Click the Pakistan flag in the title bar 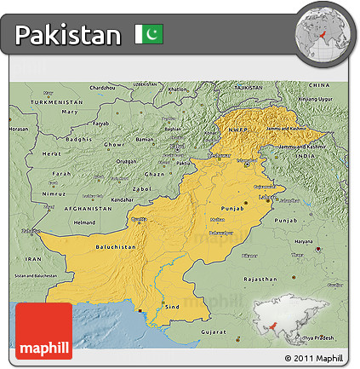pos(148,35)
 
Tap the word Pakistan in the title pos(68,36)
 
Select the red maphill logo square pos(43,331)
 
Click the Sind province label pos(172,304)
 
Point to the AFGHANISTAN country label pos(89,208)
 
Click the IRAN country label pos(33,257)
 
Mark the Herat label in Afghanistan pos(52,153)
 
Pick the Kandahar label pos(122,199)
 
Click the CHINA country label pos(319,86)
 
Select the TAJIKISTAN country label pos(248,87)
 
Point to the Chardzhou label pos(101,88)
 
